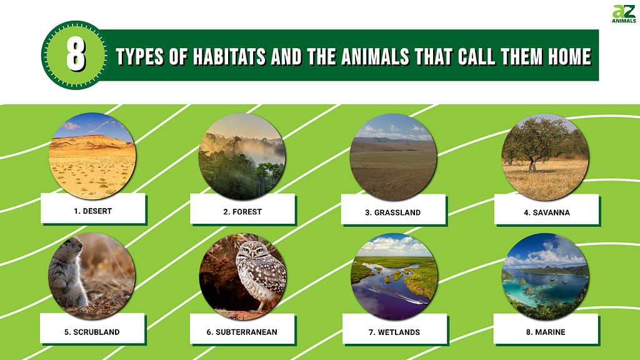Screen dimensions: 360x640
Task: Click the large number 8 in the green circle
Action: click(x=76, y=55)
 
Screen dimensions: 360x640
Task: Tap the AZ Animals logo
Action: click(x=623, y=14)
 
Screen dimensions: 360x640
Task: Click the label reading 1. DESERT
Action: click(x=92, y=211)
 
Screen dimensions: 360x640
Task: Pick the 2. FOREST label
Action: click(x=242, y=211)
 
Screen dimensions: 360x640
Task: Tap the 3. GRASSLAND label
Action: click(x=392, y=212)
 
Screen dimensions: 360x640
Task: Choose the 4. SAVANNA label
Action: click(x=546, y=212)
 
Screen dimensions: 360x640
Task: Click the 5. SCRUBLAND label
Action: click(x=91, y=332)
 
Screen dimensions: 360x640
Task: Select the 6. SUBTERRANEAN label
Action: click(x=242, y=332)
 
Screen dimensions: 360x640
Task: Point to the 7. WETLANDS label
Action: click(x=394, y=332)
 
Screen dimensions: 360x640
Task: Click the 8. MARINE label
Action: click(x=546, y=332)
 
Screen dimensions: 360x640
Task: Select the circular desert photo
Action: click(x=92, y=156)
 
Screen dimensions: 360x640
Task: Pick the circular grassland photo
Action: click(x=392, y=157)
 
